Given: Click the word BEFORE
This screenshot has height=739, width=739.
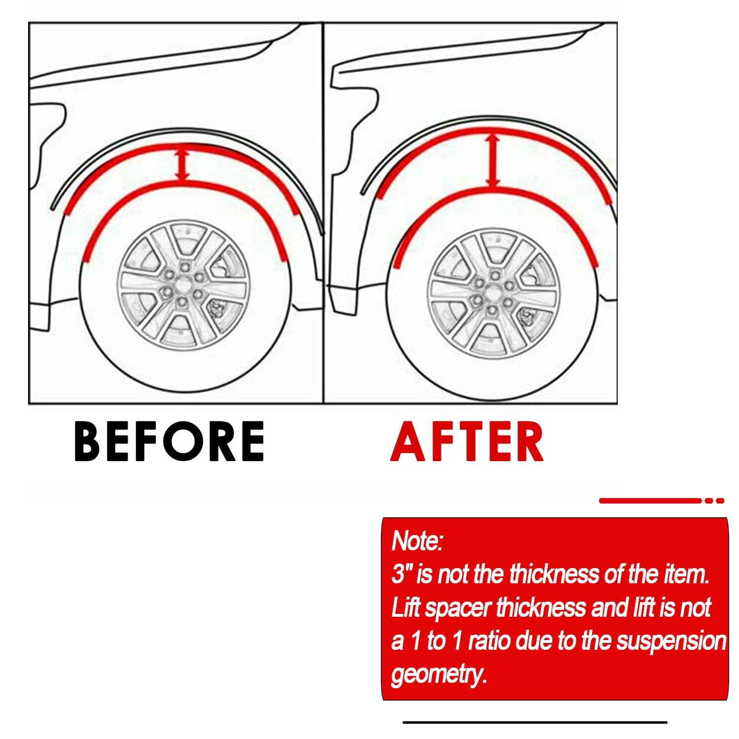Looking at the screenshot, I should click(x=169, y=441).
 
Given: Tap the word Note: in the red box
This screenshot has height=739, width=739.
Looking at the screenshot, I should click(x=417, y=540).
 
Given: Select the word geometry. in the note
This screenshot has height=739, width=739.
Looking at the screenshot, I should click(x=438, y=674).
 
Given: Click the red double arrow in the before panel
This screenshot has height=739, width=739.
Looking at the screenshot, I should click(x=183, y=165).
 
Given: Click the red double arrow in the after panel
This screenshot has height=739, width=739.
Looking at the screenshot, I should click(x=492, y=162).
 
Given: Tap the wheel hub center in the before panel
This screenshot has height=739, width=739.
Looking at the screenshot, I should click(x=183, y=285).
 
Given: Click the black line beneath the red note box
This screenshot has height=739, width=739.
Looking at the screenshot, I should click(x=535, y=722).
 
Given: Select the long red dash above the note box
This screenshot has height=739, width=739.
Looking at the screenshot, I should click(x=650, y=501).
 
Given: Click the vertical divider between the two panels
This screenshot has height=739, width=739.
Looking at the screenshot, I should click(x=323, y=212).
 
